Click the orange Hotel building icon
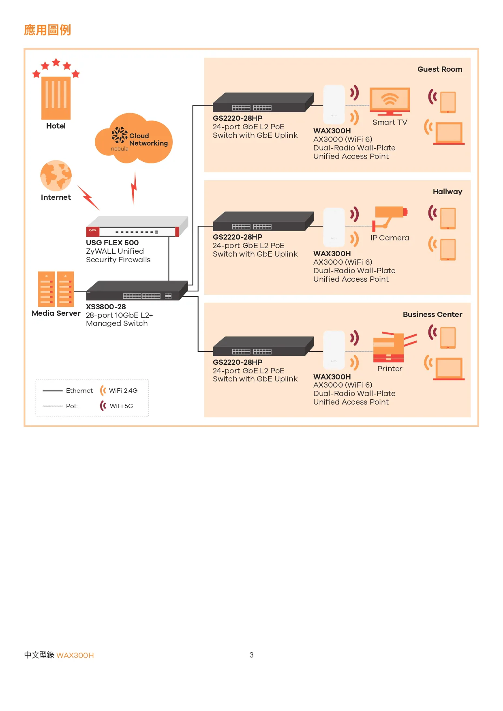[x=56, y=98]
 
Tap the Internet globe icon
[x=56, y=176]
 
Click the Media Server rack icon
[x=56, y=289]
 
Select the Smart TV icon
[x=390, y=101]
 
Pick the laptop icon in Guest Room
[x=449, y=133]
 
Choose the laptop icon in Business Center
[x=449, y=369]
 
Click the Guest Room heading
[x=440, y=69]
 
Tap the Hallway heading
[x=447, y=192]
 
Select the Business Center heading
[x=432, y=315]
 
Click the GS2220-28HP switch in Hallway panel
[x=263, y=222]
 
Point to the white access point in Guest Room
[x=334, y=105]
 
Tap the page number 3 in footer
[x=251, y=655]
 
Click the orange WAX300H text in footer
[x=75, y=655]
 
